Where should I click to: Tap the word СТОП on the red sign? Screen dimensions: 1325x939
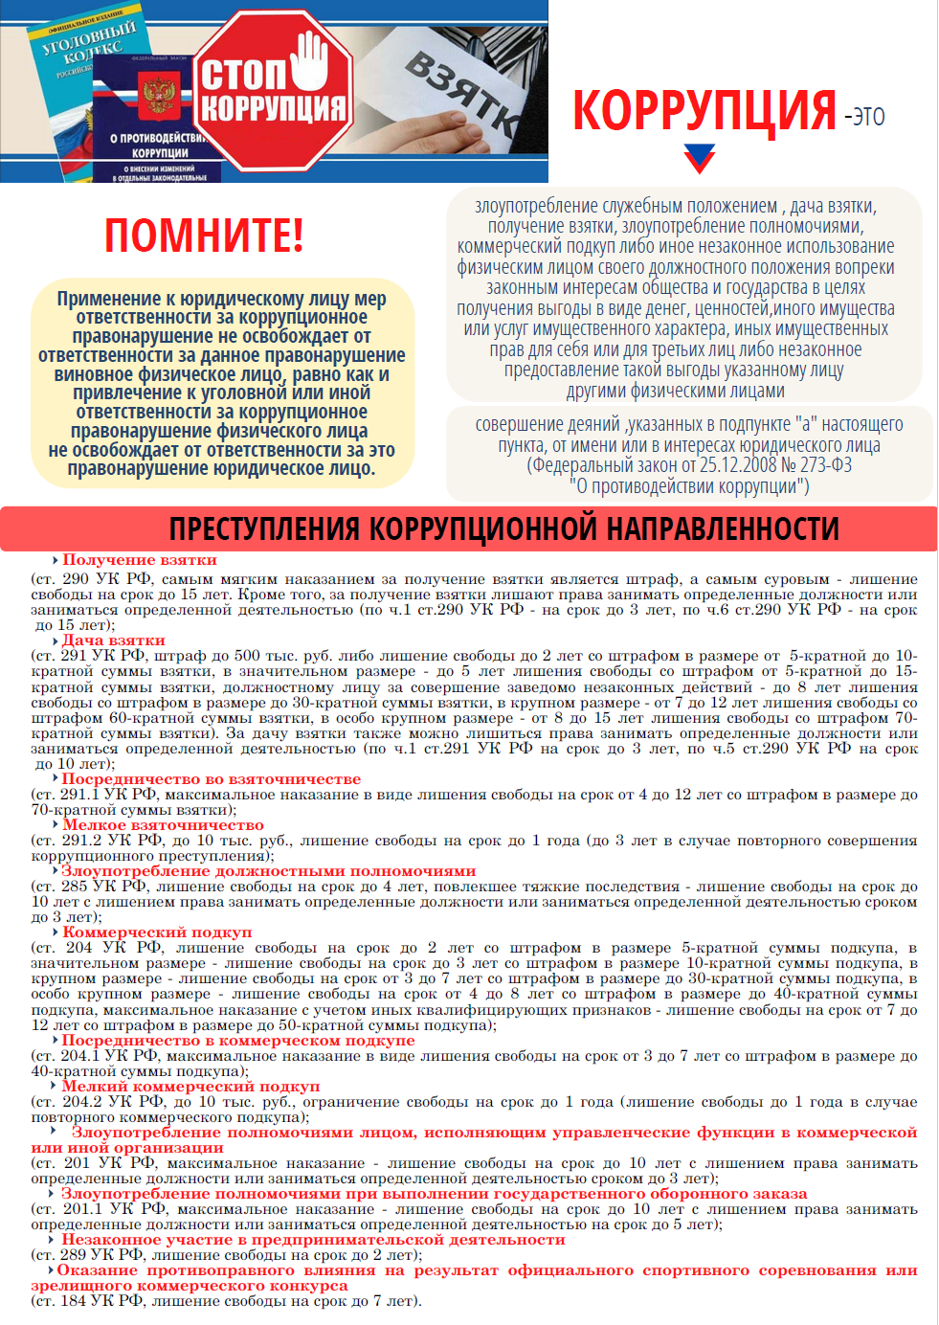point(243,76)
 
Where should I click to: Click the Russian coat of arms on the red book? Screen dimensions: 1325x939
point(159,97)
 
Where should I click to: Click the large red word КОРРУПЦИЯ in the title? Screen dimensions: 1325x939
point(704,111)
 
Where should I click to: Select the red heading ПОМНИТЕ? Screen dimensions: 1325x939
point(204,236)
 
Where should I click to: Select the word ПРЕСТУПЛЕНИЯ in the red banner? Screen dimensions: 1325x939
point(263,528)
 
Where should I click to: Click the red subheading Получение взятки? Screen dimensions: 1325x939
point(140,560)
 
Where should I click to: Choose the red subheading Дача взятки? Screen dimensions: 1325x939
point(114,640)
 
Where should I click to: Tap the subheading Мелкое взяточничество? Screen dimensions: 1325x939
point(163,825)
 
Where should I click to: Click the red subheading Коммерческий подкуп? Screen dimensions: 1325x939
point(157,932)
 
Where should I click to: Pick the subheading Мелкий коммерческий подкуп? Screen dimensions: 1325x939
point(190,1087)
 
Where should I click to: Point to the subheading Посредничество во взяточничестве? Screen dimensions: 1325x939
point(212,779)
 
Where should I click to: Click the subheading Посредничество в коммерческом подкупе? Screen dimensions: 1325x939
point(238,1041)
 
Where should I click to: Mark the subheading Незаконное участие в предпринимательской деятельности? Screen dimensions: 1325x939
point(313,1240)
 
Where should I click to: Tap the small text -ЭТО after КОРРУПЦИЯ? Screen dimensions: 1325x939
point(864,118)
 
